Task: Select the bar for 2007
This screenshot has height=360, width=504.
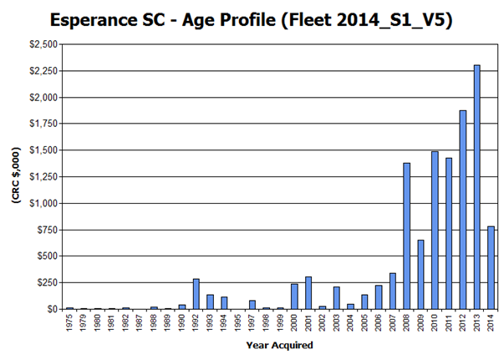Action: tap(393, 291)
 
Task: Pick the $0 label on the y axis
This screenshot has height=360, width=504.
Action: tap(53, 309)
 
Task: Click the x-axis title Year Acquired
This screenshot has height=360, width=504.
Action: tap(280, 344)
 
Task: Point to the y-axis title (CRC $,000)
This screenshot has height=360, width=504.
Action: tap(15, 177)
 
